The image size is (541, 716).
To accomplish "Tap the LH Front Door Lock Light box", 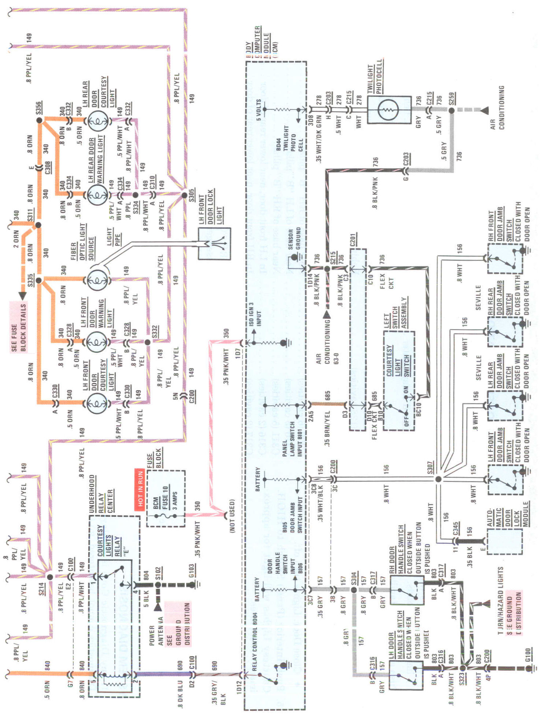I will [214, 244].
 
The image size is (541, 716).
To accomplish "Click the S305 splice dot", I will [185, 195].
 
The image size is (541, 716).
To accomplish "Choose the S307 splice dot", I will [438, 479].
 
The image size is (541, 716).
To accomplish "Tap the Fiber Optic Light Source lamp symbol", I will [97, 281].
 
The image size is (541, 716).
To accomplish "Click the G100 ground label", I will [527, 655].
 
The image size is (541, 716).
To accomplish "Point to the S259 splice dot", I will [452, 110].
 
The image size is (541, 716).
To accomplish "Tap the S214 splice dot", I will [50, 577].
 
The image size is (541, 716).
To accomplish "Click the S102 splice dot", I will [158, 585].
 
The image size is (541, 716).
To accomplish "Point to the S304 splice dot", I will [354, 590].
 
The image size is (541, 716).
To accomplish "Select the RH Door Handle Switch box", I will [406, 590].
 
